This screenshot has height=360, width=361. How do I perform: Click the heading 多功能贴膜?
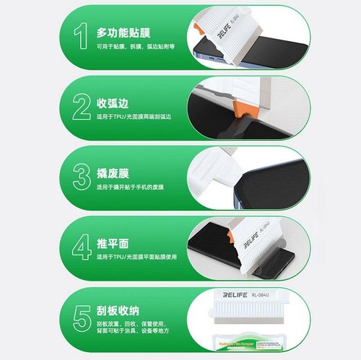tap(124, 32)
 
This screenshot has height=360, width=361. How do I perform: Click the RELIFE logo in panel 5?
tap(226, 295)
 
